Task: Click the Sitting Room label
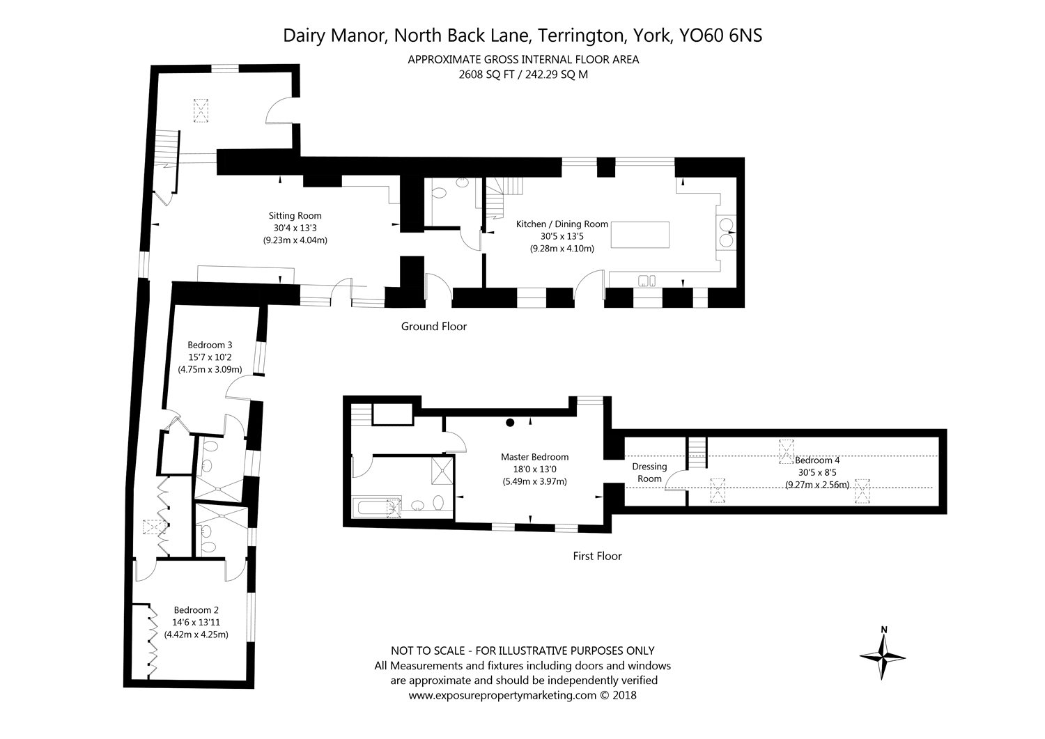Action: click(295, 215)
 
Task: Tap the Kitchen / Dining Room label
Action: click(562, 224)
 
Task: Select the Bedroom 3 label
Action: click(210, 345)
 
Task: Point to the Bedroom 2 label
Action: click(196, 609)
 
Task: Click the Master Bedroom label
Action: click(534, 457)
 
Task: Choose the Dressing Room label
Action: click(649, 473)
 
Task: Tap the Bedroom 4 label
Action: click(817, 460)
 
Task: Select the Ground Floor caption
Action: click(434, 327)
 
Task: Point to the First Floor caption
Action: click(597, 556)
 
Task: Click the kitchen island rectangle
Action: click(640, 235)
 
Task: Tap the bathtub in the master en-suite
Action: click(377, 507)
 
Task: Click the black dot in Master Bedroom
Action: click(511, 423)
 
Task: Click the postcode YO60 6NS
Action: click(720, 36)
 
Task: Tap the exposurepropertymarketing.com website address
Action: click(502, 695)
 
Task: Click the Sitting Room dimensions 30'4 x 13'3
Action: click(295, 228)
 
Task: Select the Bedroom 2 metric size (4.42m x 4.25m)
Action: click(196, 635)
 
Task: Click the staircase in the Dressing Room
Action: click(697, 453)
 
